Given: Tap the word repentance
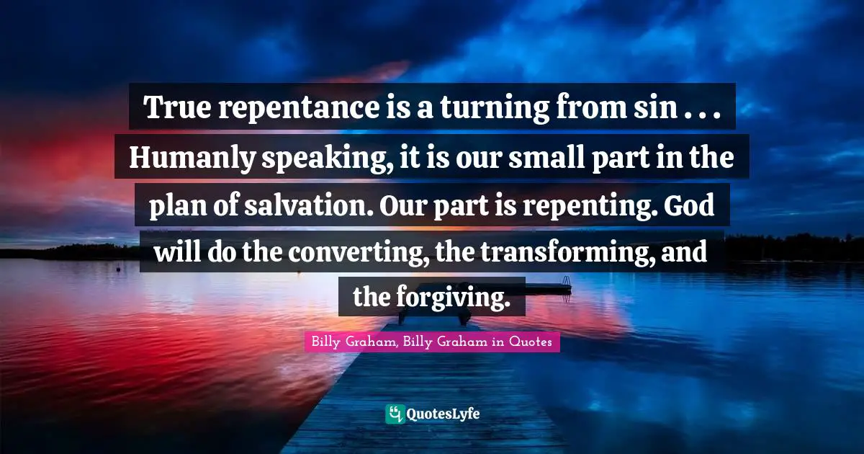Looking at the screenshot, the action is [299, 109].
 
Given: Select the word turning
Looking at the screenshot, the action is [495, 109].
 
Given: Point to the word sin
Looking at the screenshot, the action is [655, 107].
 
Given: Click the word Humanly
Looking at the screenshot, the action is [192, 159].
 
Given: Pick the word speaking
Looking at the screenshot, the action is [328, 159].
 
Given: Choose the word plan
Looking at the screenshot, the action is [178, 207].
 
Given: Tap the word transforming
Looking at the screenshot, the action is [568, 253].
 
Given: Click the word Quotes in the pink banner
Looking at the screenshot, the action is [531, 342].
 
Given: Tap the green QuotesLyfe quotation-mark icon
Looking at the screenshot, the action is [395, 414].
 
